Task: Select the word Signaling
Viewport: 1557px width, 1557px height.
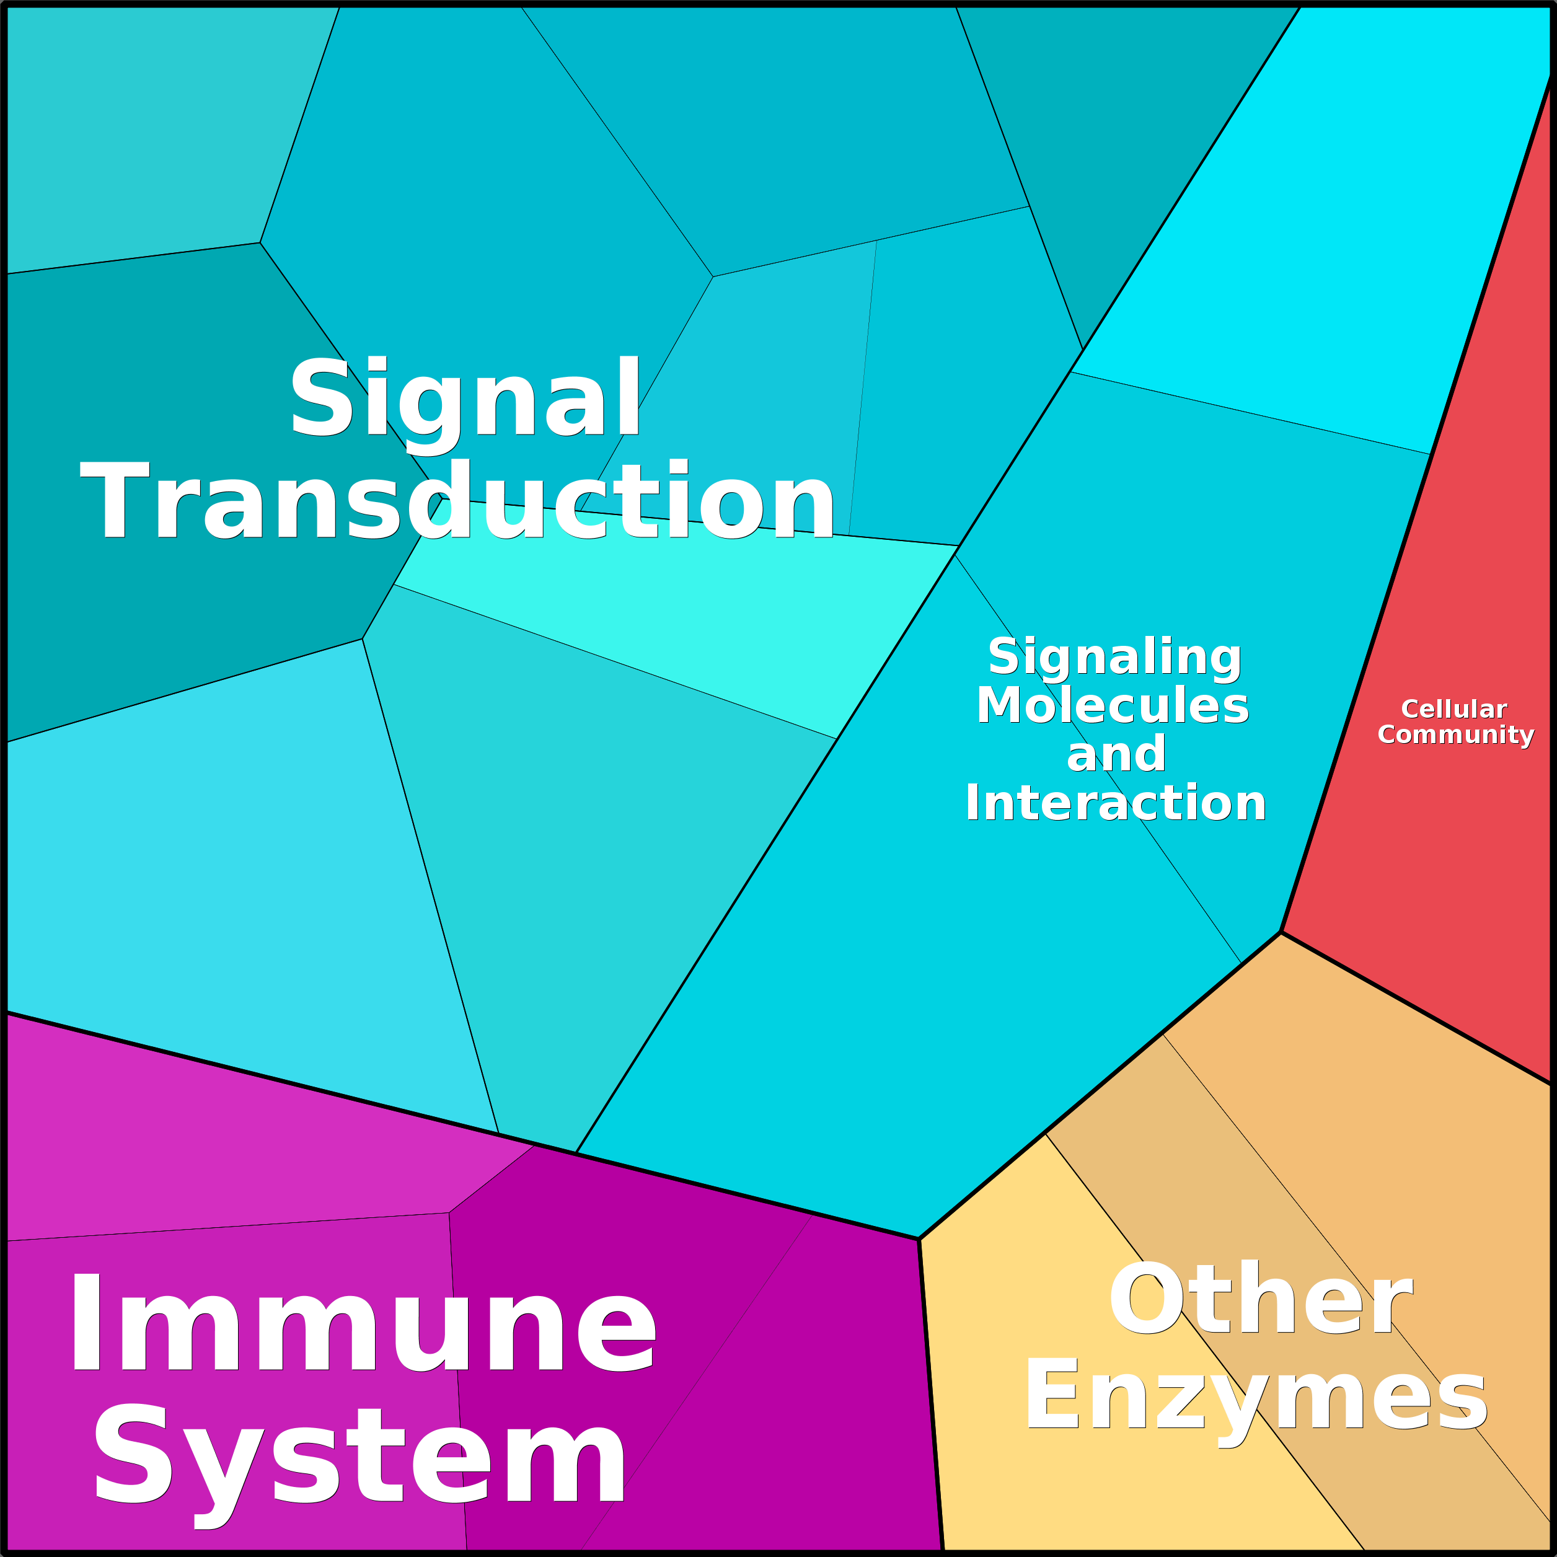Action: pos(1114,657)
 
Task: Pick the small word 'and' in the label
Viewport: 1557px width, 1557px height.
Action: pos(1116,754)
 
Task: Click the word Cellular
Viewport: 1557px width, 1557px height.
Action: pos(1454,709)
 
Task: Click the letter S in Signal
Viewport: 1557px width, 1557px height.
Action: pos(320,397)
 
